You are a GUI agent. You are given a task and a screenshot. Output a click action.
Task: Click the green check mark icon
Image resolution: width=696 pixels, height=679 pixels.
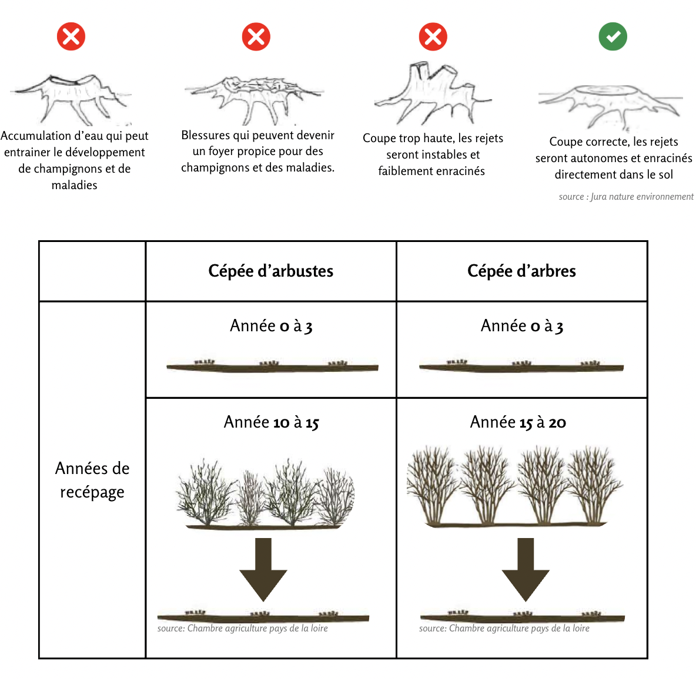pos(613,36)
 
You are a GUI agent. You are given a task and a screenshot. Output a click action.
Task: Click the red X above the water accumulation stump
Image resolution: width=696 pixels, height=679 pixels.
pos(71,37)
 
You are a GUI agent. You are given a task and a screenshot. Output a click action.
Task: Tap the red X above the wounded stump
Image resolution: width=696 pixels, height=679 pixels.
pos(256,37)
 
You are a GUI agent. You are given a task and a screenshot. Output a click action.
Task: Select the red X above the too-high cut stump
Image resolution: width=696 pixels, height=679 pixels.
pos(433,37)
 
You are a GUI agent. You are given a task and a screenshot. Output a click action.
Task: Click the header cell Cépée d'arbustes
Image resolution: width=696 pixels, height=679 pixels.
pos(270,271)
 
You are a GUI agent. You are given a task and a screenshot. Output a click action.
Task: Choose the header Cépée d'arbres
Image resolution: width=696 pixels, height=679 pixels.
pos(521,271)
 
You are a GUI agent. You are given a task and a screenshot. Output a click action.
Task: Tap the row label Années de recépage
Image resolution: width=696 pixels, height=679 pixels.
pos(92,480)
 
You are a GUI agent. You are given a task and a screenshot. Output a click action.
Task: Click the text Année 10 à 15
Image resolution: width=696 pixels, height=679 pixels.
pos(271,422)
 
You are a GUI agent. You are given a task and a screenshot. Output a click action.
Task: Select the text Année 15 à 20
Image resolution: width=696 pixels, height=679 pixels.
pos(518,422)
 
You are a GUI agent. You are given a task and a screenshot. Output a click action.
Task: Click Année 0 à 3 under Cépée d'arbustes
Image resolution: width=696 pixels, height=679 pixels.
pos(271,326)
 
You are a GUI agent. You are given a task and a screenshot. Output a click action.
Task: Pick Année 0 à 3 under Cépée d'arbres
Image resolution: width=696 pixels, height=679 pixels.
pos(521,326)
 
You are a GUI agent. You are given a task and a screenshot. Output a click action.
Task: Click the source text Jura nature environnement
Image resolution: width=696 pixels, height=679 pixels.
pos(626,197)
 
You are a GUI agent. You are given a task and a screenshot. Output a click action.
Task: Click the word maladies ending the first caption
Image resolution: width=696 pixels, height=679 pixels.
pos(75,186)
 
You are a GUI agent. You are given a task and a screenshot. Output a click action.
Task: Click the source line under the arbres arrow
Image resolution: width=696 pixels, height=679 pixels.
pos(504,628)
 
